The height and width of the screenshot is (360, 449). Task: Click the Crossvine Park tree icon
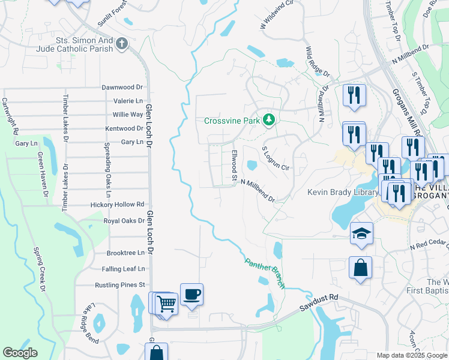click(270, 121)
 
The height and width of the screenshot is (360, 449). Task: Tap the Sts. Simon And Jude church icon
click(122, 44)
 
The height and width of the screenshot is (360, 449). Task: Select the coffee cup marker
click(191, 295)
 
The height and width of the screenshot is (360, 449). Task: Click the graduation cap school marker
click(361, 234)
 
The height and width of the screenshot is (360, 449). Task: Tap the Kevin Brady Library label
click(342, 193)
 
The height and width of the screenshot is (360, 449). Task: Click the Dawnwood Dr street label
click(122, 87)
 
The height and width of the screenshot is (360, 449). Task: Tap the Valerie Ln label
click(128, 101)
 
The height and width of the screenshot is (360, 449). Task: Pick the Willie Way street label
click(128, 115)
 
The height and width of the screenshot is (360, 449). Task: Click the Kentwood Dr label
click(124, 128)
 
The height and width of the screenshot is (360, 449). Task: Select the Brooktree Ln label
click(125, 253)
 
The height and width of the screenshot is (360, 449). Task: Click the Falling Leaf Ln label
click(123, 269)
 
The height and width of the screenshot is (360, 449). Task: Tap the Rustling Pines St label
click(120, 285)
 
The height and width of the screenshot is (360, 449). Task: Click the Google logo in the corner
click(20, 353)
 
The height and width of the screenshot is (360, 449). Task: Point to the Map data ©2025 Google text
click(411, 355)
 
